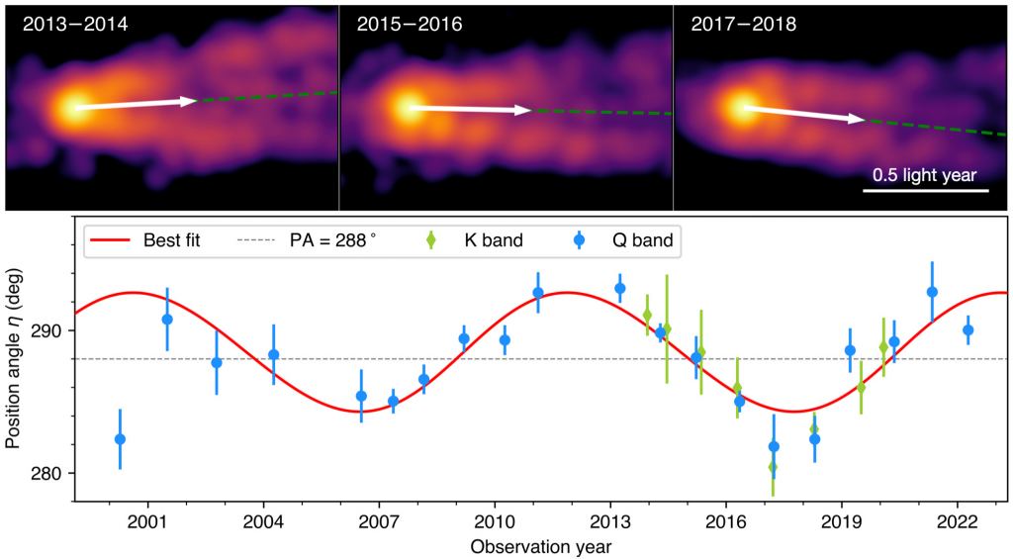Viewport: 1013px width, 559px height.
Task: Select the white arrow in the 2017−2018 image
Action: pos(803,114)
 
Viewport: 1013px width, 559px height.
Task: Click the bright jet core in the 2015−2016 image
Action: pos(406,106)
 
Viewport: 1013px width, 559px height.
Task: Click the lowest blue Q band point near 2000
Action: pos(120,438)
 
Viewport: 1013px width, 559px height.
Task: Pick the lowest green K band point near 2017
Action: pos(773,467)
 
